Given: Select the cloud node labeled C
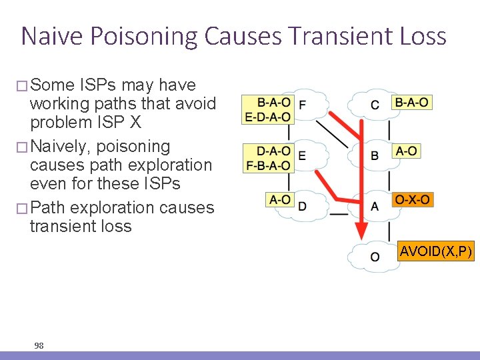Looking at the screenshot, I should click(x=375, y=105).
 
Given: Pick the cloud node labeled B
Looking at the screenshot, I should click(x=375, y=155).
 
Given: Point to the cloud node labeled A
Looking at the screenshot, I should click(x=375, y=205).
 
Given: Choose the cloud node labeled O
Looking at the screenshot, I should click(x=375, y=256).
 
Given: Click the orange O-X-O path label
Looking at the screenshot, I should click(x=413, y=199).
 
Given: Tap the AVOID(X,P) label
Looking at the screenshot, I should click(x=436, y=251).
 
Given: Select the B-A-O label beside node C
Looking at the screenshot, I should click(x=411, y=102).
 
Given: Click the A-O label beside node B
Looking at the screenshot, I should click(x=406, y=151).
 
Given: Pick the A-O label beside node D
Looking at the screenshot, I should click(x=279, y=199).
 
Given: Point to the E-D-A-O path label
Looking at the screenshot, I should click(x=267, y=117).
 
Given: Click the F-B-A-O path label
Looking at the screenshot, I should click(x=267, y=165).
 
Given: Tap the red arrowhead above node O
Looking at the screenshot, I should click(x=361, y=231).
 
